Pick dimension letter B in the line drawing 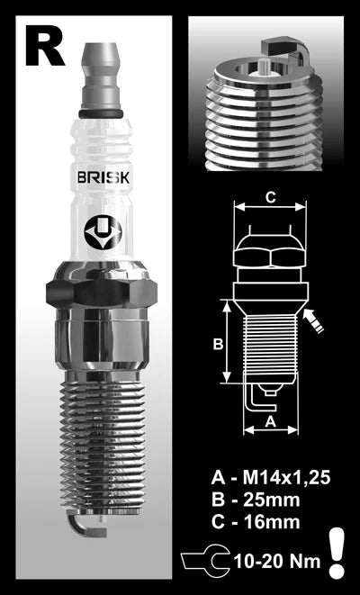click(217, 342)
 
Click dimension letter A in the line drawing click(270, 419)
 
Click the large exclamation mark click(337, 551)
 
